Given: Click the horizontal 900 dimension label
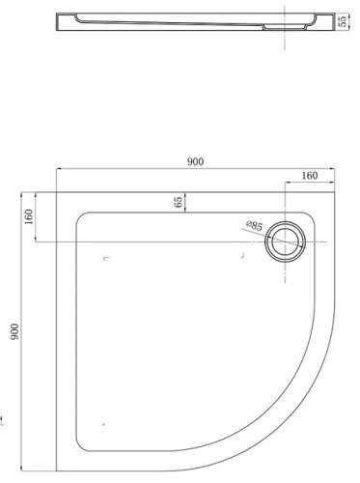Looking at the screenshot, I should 195,161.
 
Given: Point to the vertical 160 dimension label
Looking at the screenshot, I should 29,221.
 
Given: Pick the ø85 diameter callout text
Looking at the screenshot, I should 253,225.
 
